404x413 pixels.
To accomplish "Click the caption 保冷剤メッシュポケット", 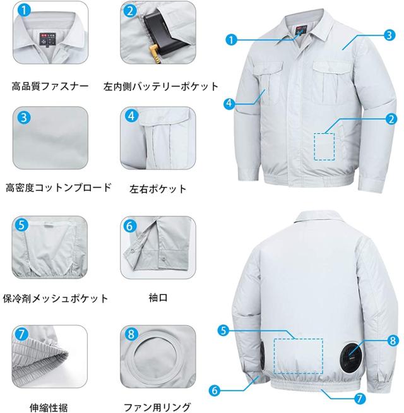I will pyautogui.click(x=56, y=298).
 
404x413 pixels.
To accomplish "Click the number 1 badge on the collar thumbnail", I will pyautogui.click(x=23, y=11).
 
